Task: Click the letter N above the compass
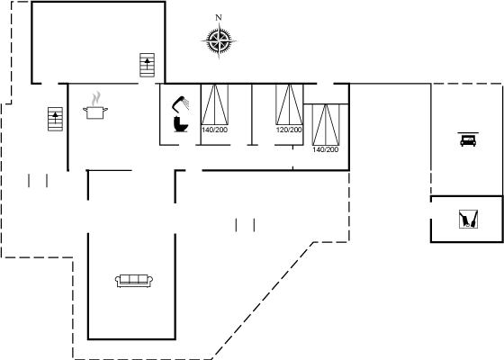[219, 17]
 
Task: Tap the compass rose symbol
[219, 41]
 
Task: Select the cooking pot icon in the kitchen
[95, 112]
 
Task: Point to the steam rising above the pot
[96, 98]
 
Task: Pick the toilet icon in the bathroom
[180, 124]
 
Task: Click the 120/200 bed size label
[289, 130]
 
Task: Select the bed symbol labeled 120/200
[289, 104]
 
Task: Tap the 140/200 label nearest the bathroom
[215, 130]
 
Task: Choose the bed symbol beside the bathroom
[215, 104]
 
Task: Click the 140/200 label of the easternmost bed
[325, 149]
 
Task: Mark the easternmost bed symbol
[326, 125]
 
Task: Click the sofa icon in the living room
[134, 281]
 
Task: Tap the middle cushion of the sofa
[134, 279]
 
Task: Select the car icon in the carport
[468, 140]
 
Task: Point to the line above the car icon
[468, 132]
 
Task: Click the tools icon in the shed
[468, 220]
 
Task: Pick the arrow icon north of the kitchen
[148, 65]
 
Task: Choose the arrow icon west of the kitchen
[55, 119]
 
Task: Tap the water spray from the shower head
[185, 103]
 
